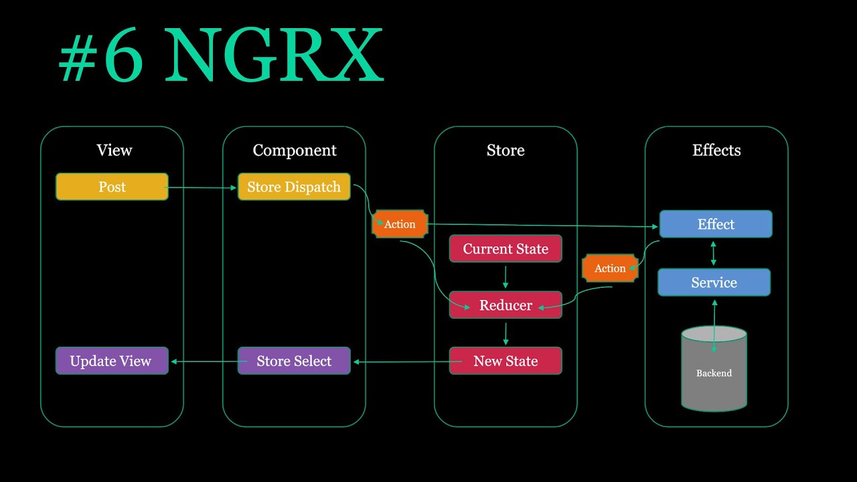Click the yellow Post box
pos(112,187)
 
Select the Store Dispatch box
pos(294,187)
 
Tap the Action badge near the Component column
pos(400,224)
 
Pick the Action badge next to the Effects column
pos(610,268)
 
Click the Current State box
pos(505,249)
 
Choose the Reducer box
pos(505,305)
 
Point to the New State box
pos(505,361)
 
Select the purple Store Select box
pos(294,361)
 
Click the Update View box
pos(112,361)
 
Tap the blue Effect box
pos(716,224)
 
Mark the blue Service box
pos(714,283)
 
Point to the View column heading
pos(114,151)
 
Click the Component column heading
pos(295,151)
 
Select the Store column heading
pos(505,151)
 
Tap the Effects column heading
pos(716,151)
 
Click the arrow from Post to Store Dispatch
pos(203,187)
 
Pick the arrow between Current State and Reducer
pos(505,277)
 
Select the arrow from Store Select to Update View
pos(204,361)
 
